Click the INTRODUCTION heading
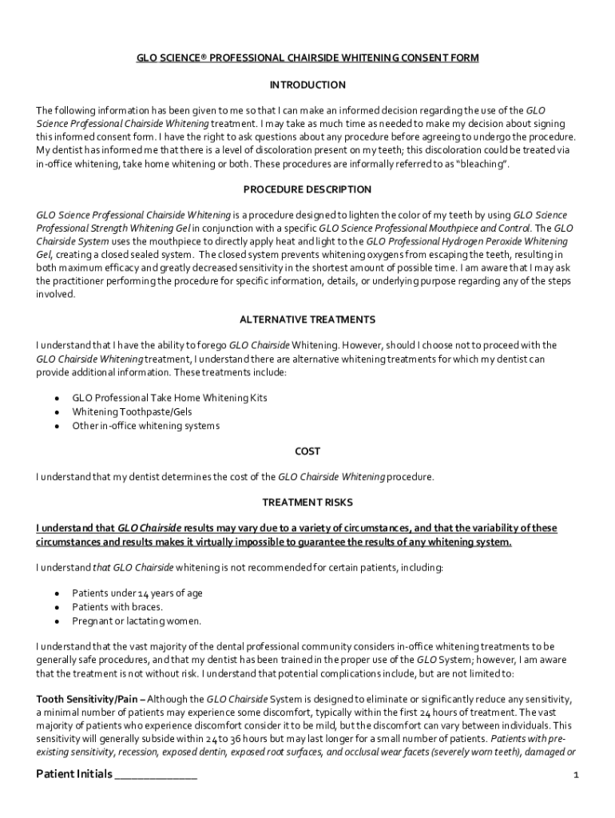pyautogui.click(x=307, y=85)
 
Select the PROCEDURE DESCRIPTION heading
pyautogui.click(x=307, y=189)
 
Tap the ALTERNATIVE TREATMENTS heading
pyautogui.click(x=307, y=320)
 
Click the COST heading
pyautogui.click(x=307, y=451)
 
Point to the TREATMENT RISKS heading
pyautogui.click(x=307, y=502)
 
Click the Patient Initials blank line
pyautogui.click(x=156, y=775)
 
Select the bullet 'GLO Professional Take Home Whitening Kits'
pyautogui.click(x=169, y=397)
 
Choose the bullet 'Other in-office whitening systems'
pyautogui.click(x=145, y=426)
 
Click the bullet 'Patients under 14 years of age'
pyautogui.click(x=137, y=593)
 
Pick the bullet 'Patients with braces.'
pyautogui.click(x=117, y=607)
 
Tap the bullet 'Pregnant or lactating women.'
pyautogui.click(x=137, y=621)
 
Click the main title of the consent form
pyautogui.click(x=307, y=59)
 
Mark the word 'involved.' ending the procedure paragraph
pyautogui.click(x=55, y=294)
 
